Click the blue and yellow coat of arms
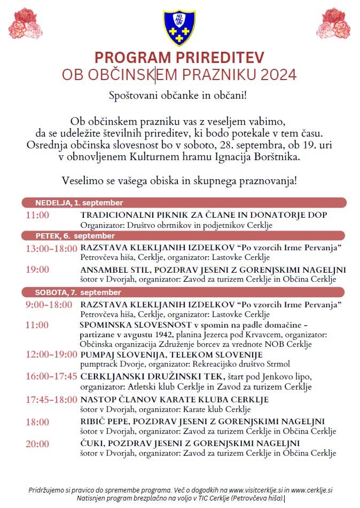click(179, 28)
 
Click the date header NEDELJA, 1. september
click(79, 203)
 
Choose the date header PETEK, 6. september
click(75, 235)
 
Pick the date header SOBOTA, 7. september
click(78, 292)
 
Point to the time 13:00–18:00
click(51, 248)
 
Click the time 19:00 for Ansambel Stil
click(37, 270)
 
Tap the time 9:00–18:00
click(49, 305)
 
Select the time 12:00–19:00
click(51, 355)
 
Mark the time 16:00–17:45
click(51, 377)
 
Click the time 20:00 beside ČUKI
click(37, 443)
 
